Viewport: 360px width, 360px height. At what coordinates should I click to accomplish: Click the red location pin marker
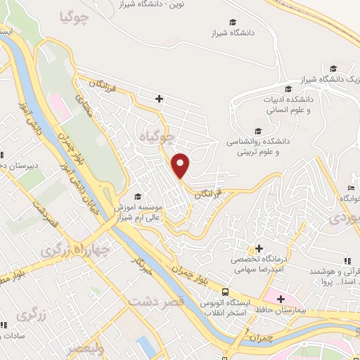pyautogui.click(x=181, y=165)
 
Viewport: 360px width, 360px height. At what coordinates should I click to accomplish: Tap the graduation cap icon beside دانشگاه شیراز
pyautogui.click(x=233, y=22)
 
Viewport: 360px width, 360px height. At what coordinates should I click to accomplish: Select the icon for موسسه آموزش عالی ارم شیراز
pyautogui.click(x=138, y=196)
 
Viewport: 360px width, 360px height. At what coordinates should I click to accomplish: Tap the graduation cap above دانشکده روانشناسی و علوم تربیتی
pyautogui.click(x=257, y=130)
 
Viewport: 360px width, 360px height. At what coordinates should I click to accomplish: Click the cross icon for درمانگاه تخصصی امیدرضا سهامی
pyautogui.click(x=259, y=248)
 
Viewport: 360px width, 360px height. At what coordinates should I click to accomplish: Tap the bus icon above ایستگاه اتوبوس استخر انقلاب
pyautogui.click(x=225, y=291)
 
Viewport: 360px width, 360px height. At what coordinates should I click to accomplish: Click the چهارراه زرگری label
pyautogui.click(x=67, y=247)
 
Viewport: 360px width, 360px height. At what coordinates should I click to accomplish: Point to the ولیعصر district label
pyautogui.click(x=84, y=347)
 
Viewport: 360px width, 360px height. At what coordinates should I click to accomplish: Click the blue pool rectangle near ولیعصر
pyautogui.click(x=146, y=345)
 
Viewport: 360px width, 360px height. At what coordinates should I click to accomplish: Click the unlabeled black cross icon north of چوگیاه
pyautogui.click(x=160, y=98)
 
